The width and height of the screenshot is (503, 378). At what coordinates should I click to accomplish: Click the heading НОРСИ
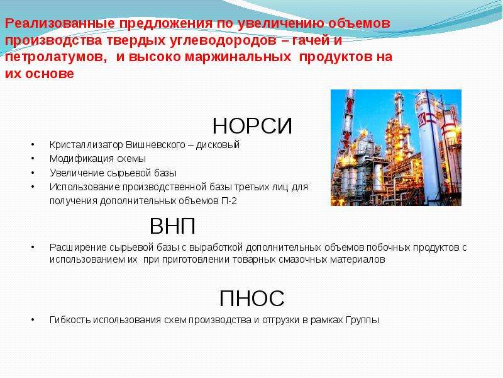coord(252,126)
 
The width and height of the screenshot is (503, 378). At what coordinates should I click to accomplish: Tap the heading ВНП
coord(172,226)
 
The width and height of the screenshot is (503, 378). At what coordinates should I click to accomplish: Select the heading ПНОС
coord(252,299)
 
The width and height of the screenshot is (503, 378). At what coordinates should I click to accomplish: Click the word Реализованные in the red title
coord(60,23)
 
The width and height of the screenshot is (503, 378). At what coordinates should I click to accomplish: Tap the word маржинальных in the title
coord(238,57)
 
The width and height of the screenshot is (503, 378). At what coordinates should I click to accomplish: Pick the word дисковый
coord(218,145)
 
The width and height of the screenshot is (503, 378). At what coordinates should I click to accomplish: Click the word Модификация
coord(82,159)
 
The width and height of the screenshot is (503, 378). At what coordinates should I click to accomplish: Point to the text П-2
coord(229,201)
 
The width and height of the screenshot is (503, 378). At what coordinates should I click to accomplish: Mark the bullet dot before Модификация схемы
coord(33,159)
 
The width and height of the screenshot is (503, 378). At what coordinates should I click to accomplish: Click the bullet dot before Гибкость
coord(33,319)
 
